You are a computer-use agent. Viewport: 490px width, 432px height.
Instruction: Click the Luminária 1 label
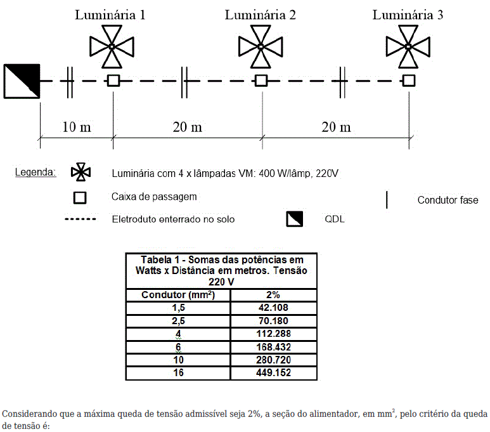(x=110, y=15)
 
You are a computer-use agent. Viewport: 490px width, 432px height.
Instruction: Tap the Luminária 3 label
(x=408, y=15)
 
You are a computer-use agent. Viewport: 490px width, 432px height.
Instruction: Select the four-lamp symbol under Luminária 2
(x=261, y=46)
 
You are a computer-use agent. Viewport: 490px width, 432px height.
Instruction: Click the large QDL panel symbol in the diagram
(x=22, y=81)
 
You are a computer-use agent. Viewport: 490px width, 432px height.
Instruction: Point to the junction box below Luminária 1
(x=113, y=81)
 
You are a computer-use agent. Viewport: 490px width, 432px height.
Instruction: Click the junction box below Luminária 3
(x=409, y=81)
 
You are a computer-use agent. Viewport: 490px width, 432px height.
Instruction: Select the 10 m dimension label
(x=77, y=127)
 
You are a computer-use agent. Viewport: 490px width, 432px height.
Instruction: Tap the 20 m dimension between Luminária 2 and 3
(x=336, y=127)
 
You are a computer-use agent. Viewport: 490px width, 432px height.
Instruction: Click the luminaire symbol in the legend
(x=81, y=172)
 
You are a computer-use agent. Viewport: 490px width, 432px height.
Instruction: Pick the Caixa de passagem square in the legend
(x=80, y=198)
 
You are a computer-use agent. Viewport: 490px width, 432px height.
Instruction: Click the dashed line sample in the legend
(x=81, y=219)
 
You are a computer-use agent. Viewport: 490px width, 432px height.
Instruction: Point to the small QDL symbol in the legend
(x=295, y=219)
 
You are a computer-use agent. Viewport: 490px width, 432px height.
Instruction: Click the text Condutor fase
(x=448, y=200)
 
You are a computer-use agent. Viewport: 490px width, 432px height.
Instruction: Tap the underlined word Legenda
(x=35, y=172)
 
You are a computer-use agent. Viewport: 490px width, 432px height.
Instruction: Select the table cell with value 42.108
(x=274, y=308)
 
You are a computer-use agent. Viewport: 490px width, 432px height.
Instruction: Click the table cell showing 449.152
(x=274, y=373)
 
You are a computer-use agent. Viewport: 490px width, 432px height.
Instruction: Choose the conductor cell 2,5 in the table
(x=178, y=321)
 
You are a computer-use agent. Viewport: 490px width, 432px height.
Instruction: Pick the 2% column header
(x=274, y=295)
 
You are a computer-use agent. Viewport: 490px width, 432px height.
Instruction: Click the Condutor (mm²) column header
(x=178, y=295)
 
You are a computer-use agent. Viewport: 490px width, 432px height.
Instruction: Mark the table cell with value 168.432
(x=274, y=347)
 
